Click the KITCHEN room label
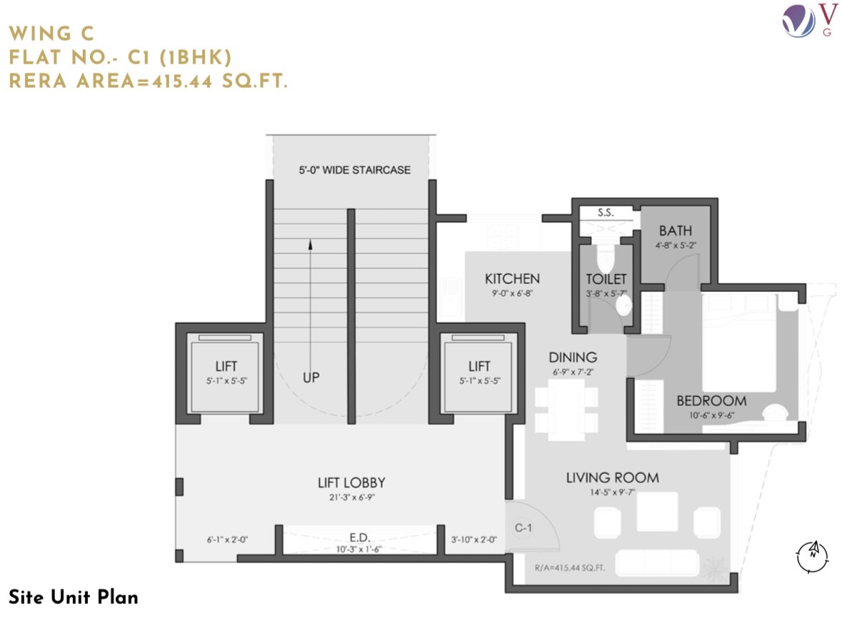point(512,278)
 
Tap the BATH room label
point(675,231)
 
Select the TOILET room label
point(606,279)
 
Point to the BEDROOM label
point(711,401)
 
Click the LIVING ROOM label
point(612,478)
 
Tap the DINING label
point(573,358)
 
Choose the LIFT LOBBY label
point(351,483)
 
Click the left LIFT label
point(226,366)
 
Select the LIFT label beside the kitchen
point(479,366)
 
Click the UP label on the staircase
point(311,378)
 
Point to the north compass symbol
point(813,556)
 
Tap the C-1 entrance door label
point(523,527)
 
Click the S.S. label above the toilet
point(605,213)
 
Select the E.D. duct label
point(359,537)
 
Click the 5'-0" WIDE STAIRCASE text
point(354,170)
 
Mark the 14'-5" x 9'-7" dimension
point(612,493)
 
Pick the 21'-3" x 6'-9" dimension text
point(352,498)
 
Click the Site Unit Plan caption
point(74,597)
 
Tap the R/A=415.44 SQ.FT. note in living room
point(570,568)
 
